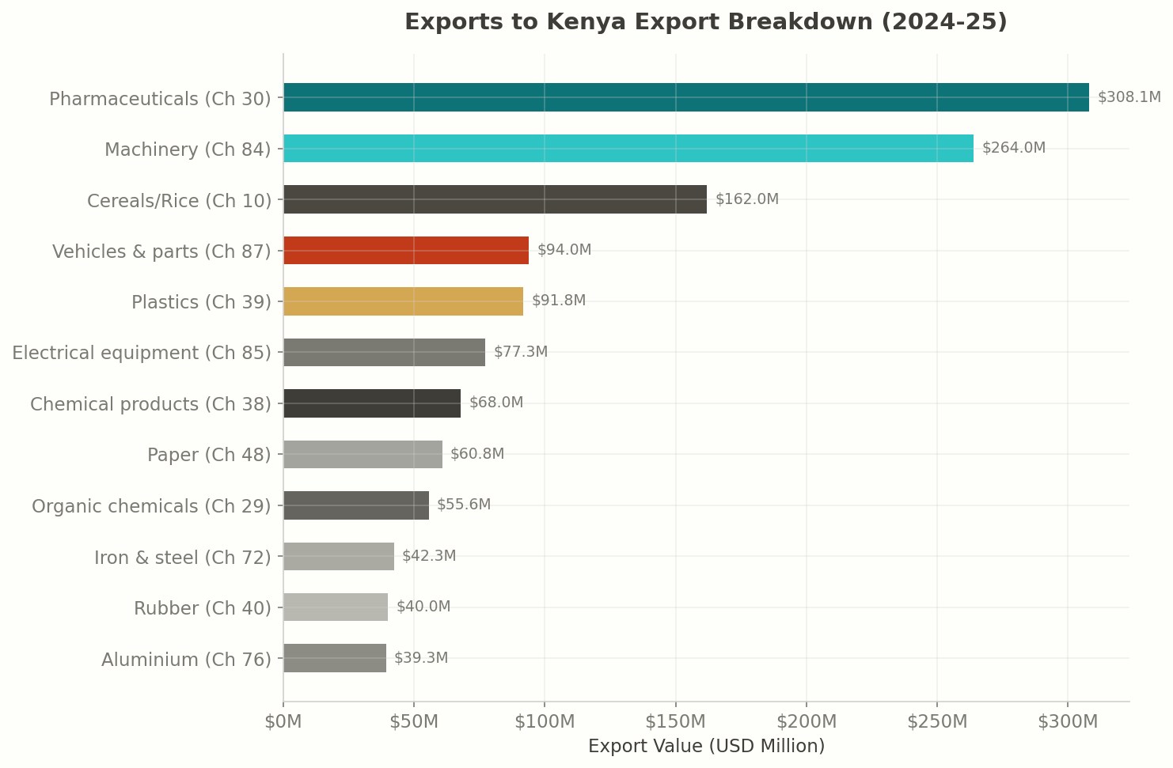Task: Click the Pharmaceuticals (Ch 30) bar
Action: point(685,97)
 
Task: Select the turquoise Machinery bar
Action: point(628,149)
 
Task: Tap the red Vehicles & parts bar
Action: point(405,250)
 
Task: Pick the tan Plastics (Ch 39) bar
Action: point(403,301)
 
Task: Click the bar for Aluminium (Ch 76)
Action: point(335,658)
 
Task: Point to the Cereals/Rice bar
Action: point(495,199)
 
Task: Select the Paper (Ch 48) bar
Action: point(363,454)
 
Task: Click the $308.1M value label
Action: point(1129,97)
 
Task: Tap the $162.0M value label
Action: point(746,199)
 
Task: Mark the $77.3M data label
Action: point(520,352)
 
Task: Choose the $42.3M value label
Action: point(428,556)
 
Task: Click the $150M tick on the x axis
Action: point(675,722)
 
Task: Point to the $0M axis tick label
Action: point(283,722)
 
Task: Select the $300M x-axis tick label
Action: point(1068,722)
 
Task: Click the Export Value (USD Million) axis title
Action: point(706,747)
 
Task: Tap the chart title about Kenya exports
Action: point(705,22)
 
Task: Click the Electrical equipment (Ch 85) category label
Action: point(142,353)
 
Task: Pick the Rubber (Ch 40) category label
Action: point(202,608)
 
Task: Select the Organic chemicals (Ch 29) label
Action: point(151,506)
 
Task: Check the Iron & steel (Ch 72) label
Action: point(182,558)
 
